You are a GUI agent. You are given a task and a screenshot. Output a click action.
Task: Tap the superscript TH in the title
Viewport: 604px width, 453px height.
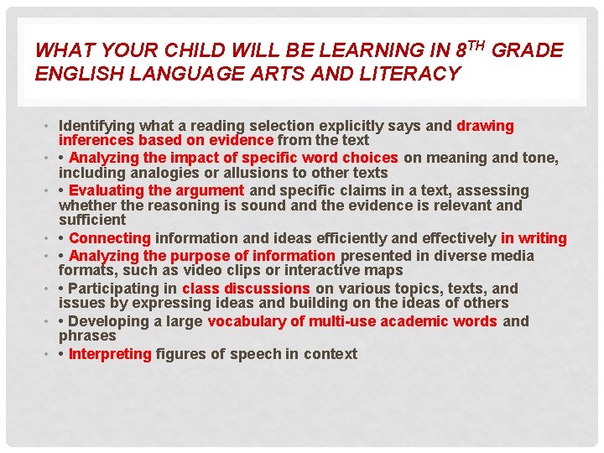[476, 44]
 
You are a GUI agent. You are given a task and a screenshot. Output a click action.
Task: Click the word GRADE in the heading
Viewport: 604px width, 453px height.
[528, 50]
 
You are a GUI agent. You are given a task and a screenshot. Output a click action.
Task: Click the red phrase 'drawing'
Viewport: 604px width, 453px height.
[485, 126]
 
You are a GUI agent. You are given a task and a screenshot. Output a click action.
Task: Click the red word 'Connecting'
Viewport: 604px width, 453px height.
[110, 239]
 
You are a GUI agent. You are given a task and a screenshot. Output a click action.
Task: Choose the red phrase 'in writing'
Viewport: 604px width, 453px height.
[534, 239]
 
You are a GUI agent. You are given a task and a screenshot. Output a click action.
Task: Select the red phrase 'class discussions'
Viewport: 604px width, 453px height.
[246, 288]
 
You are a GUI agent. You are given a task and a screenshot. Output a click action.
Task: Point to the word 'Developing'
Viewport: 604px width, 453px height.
[112, 321]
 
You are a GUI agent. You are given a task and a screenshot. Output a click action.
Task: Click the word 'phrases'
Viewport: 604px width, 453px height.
[87, 336]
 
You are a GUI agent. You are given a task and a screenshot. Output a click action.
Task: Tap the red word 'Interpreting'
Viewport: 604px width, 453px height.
[110, 354]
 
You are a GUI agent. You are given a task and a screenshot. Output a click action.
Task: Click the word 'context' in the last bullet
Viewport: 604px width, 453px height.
[331, 354]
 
